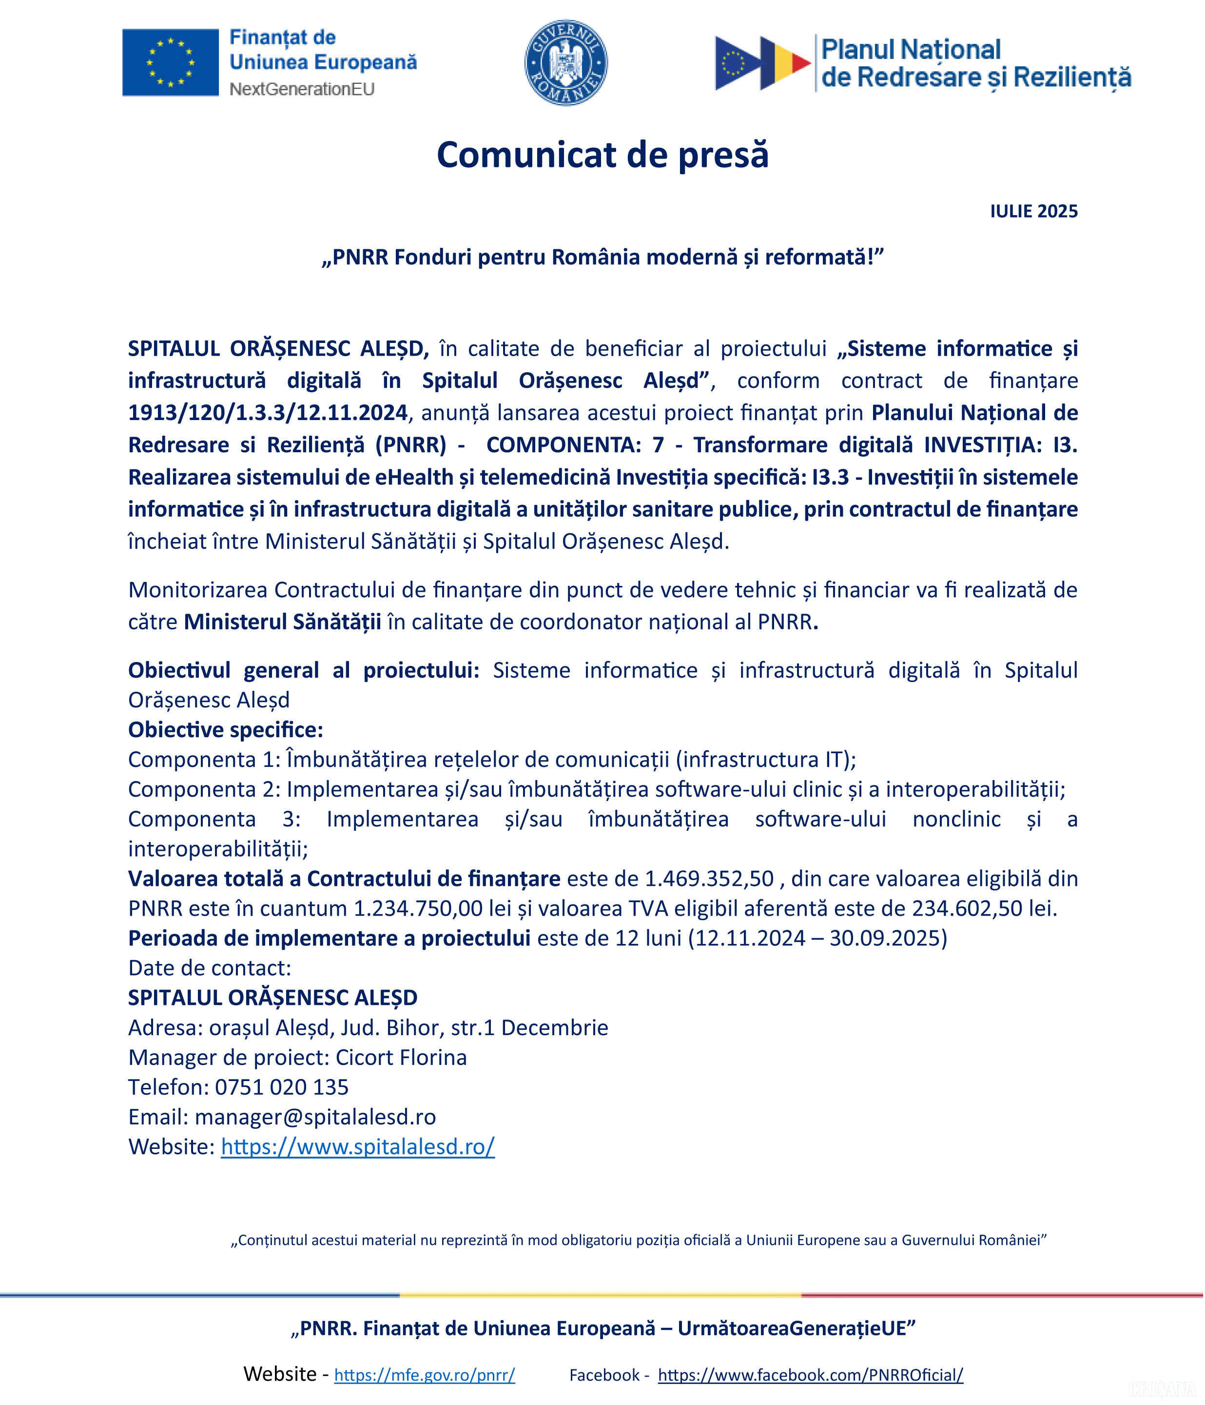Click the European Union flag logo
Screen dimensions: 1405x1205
click(170, 62)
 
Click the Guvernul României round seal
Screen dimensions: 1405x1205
click(566, 62)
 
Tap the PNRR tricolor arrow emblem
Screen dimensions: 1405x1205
click(762, 63)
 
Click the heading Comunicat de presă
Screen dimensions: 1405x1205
click(602, 155)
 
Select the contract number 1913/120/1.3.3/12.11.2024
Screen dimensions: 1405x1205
click(268, 413)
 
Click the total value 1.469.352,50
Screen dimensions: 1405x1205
click(709, 879)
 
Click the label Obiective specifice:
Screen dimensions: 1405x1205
click(226, 730)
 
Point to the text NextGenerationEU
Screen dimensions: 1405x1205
click(302, 89)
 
